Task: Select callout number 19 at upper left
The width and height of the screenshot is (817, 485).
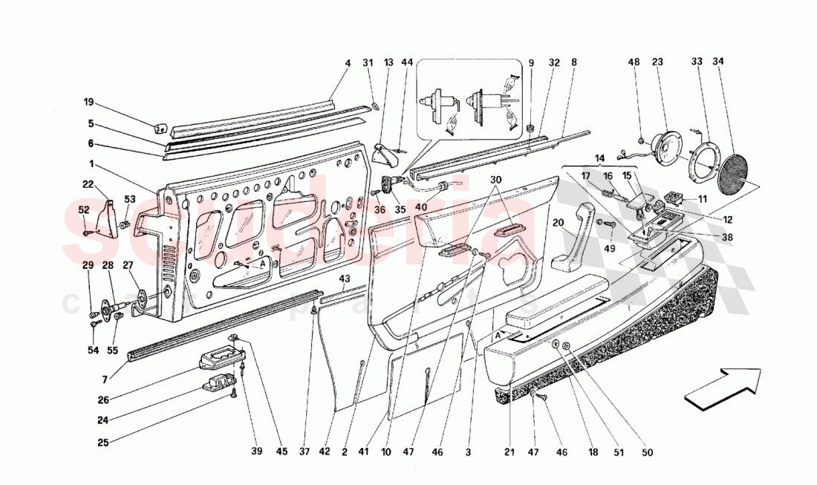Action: [x=88, y=102]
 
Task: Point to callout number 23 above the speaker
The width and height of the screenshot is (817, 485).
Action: [x=657, y=62]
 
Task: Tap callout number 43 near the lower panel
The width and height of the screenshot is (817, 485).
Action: [x=344, y=279]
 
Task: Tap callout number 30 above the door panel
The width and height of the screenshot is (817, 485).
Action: [x=496, y=179]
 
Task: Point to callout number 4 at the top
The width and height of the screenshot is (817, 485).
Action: [x=347, y=63]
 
